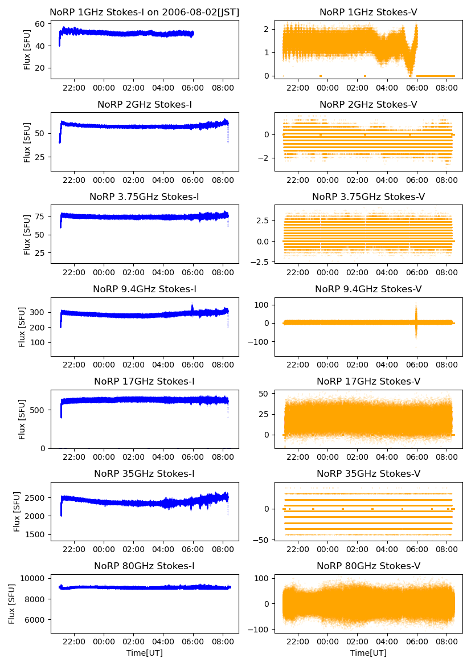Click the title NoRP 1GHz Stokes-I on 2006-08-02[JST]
(145, 12)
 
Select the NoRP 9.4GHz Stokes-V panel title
(368, 289)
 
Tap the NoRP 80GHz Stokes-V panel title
(368, 566)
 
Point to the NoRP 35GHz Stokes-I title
(145, 474)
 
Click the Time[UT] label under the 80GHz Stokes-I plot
(145, 653)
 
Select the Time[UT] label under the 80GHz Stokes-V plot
(368, 653)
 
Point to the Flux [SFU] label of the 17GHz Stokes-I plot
(22, 419)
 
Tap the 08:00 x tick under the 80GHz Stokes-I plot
(223, 642)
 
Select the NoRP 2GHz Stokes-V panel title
(368, 105)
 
